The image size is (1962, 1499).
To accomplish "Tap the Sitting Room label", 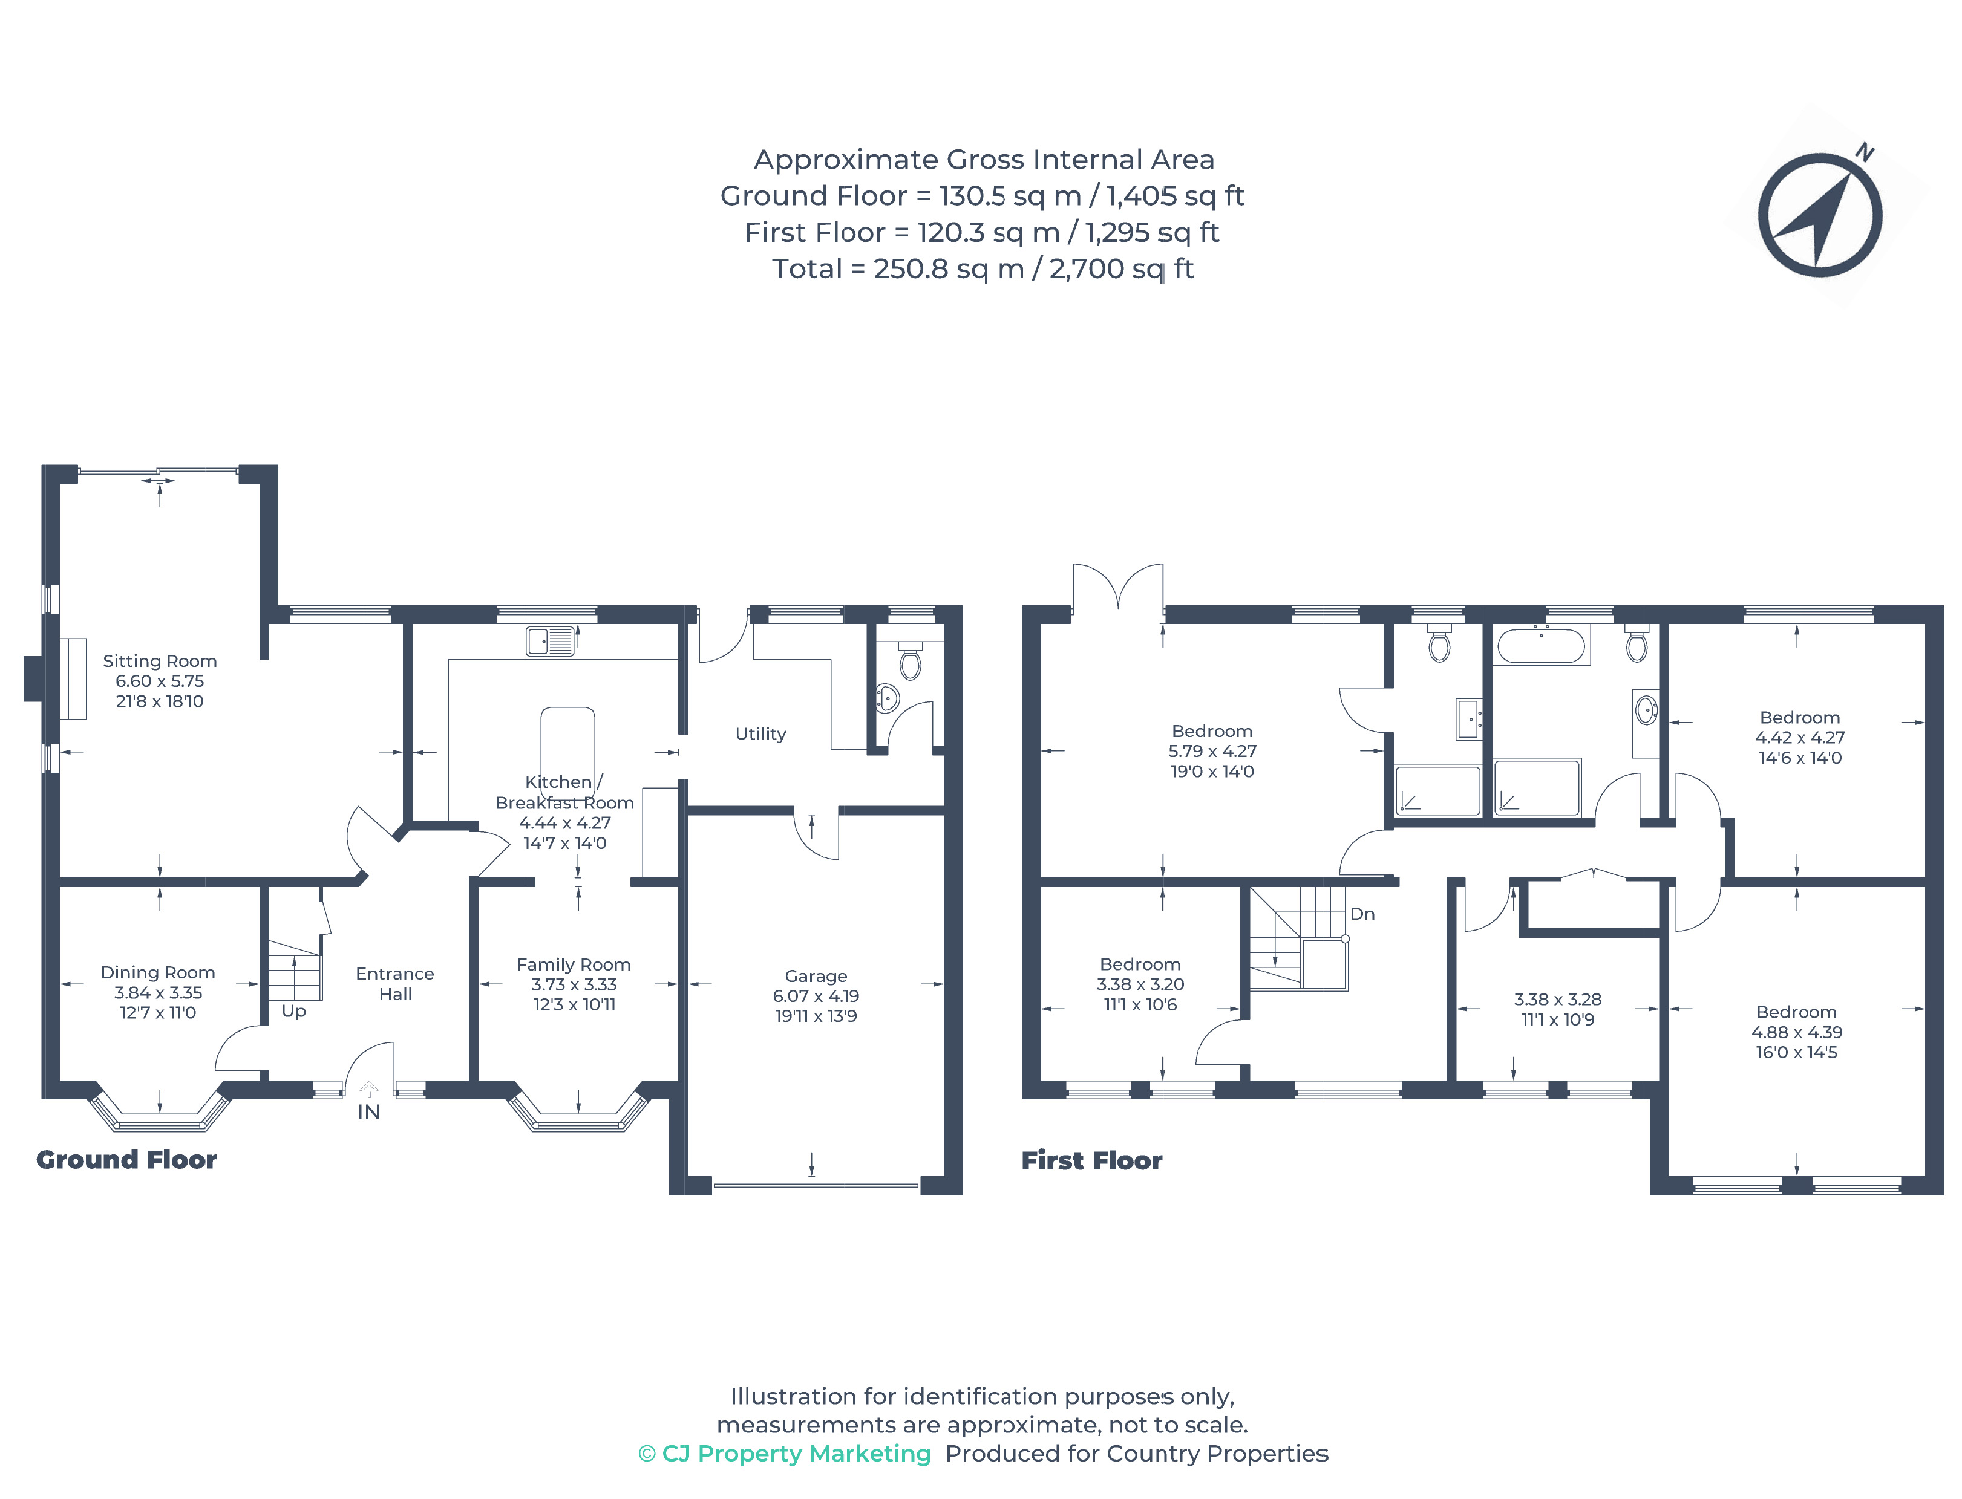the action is pyautogui.click(x=160, y=661).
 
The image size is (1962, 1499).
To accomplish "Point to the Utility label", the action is pyautogui.click(x=760, y=734).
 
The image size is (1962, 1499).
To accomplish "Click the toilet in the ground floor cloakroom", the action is pyautogui.click(x=909, y=660).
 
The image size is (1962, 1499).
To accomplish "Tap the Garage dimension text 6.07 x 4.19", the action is pyautogui.click(x=816, y=996).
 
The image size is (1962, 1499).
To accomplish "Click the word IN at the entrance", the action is pyautogui.click(x=368, y=1112).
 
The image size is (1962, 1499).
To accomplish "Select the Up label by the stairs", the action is pyautogui.click(x=293, y=1012).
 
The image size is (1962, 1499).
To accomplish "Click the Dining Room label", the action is pyautogui.click(x=158, y=972).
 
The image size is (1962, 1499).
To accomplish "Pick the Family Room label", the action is pyautogui.click(x=574, y=964).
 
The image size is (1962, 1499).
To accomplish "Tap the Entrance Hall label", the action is pyautogui.click(x=396, y=983).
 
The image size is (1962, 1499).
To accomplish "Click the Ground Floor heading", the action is pyautogui.click(x=126, y=1160).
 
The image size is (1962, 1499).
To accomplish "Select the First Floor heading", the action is pyautogui.click(x=1091, y=1161).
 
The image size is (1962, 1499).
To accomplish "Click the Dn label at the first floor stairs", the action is pyautogui.click(x=1362, y=914).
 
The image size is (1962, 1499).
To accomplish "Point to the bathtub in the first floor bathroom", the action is pyautogui.click(x=1542, y=645).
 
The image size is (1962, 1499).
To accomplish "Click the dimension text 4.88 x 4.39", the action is pyautogui.click(x=1797, y=1032).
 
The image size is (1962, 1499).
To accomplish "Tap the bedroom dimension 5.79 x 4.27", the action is pyautogui.click(x=1212, y=751).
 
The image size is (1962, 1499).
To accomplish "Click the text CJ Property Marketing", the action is pyautogui.click(x=796, y=1454).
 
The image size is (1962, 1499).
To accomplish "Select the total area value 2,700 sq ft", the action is pyautogui.click(x=1121, y=268).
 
